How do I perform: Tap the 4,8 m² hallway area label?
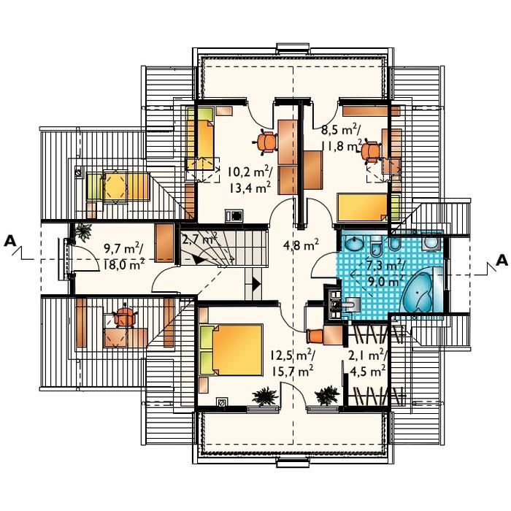click(301, 245)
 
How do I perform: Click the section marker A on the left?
click(10, 241)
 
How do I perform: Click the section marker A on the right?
click(502, 260)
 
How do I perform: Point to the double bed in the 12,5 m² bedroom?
click(231, 350)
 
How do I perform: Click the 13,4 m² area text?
click(250, 188)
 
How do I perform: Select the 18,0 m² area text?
click(124, 264)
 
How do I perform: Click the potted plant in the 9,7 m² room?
click(83, 231)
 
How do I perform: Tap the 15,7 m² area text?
click(292, 371)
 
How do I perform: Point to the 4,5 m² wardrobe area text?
click(368, 371)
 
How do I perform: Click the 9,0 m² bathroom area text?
click(385, 280)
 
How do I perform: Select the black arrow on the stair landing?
click(257, 284)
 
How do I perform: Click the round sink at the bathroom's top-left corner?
click(354, 243)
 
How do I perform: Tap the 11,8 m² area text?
click(342, 145)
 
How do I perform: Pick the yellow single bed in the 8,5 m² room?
click(369, 207)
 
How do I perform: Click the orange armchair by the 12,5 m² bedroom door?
click(315, 335)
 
